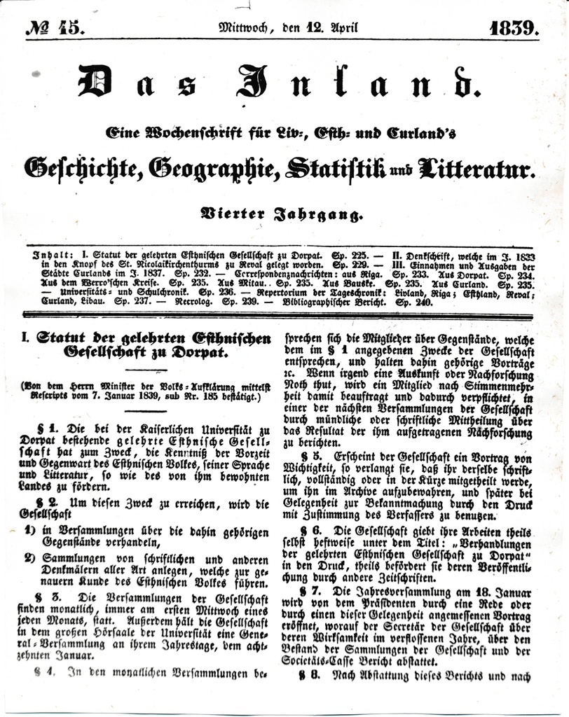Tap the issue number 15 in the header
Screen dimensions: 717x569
[71, 29]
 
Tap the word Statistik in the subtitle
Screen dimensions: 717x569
[325, 168]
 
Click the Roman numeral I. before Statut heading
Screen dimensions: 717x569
[25, 339]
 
